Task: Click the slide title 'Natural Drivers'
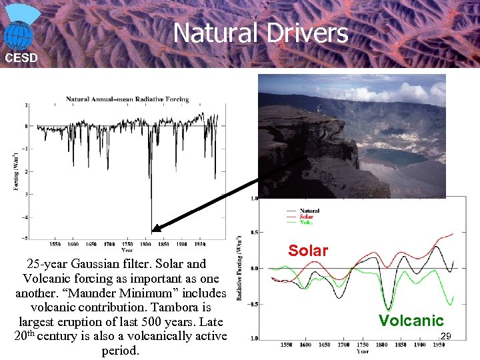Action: tap(261, 33)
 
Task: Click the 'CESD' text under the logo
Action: tap(21, 58)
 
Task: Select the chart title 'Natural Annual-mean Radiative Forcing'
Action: tap(127, 99)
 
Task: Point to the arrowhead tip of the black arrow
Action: tap(153, 232)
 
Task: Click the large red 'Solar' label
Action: tap(308, 251)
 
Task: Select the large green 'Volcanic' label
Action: tap(411, 321)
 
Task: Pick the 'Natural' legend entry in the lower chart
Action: tap(309, 211)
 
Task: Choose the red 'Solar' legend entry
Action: tap(307, 216)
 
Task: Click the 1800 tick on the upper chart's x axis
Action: tap(145, 244)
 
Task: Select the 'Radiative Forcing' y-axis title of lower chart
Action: tap(240, 267)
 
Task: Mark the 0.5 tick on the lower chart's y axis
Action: tap(253, 233)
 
